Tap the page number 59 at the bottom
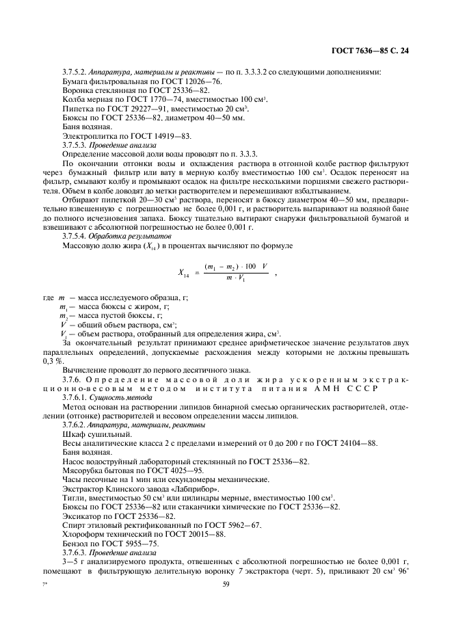pos(226,584)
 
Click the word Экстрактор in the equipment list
pos(85,489)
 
